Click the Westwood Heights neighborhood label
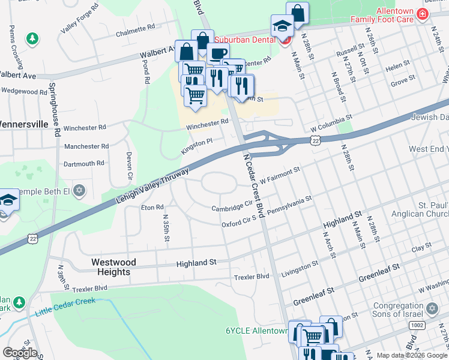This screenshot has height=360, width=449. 113,267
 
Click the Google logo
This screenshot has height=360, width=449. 20,352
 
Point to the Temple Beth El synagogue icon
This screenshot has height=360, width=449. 80,191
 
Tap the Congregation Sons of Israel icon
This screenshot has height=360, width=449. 432,310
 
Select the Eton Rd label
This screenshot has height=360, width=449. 152,208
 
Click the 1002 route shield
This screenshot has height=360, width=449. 416,325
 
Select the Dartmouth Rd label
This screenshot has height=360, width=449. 84,163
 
